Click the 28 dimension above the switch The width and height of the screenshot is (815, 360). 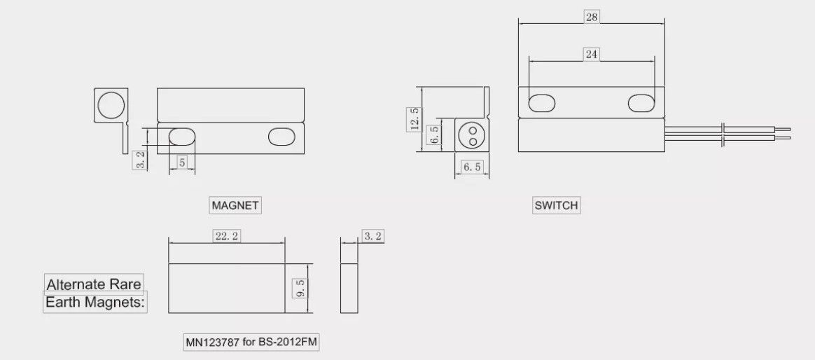point(592,18)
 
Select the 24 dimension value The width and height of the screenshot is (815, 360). point(592,54)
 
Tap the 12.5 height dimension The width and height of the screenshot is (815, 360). point(415,119)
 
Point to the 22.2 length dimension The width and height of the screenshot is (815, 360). point(227,236)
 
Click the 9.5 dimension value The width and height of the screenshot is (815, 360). point(300,288)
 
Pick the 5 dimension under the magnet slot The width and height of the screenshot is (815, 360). point(182,162)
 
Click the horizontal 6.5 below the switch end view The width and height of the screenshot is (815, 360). point(473,167)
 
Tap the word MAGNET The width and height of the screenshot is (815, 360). point(235,205)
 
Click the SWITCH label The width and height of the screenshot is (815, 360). point(556,205)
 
